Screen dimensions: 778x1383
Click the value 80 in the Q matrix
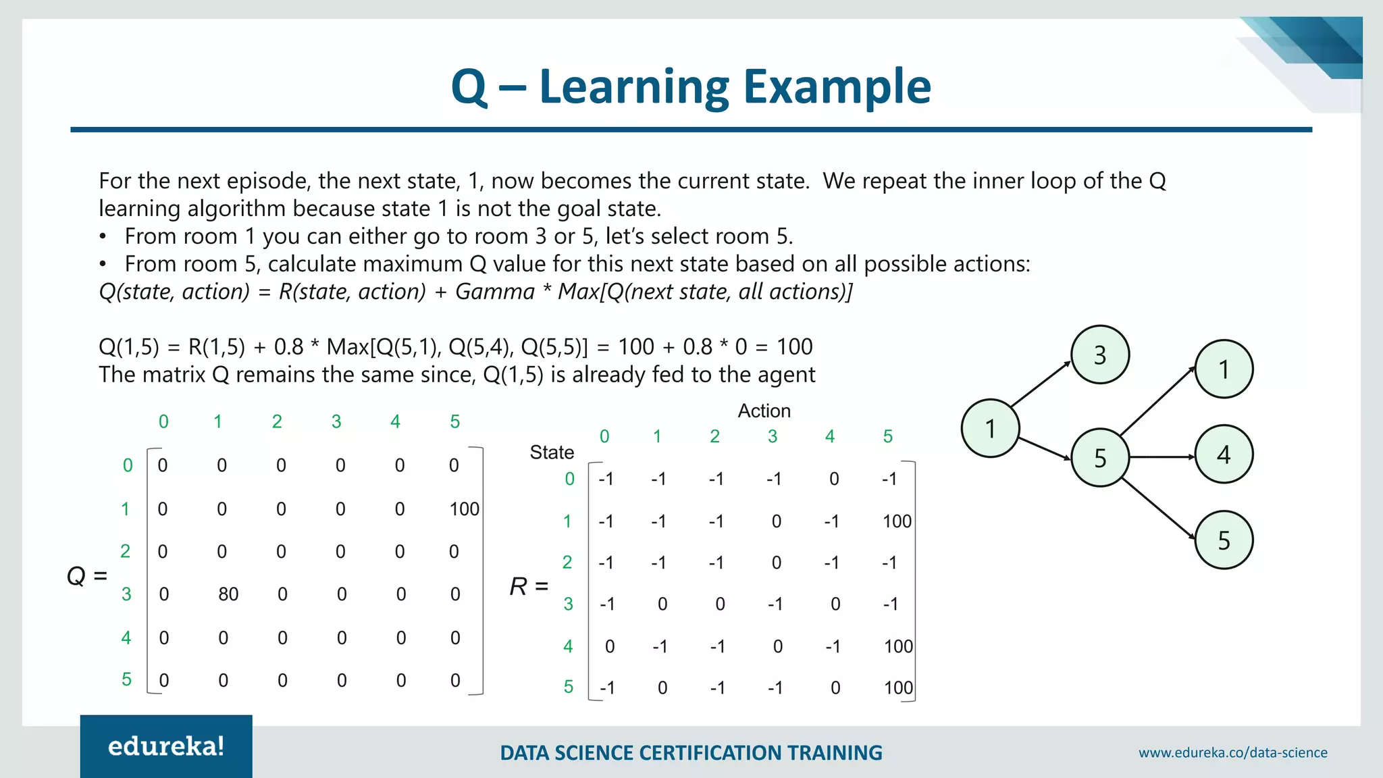(228, 594)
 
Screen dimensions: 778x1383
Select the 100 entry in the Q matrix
(465, 509)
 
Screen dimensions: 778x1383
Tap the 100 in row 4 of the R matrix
(898, 646)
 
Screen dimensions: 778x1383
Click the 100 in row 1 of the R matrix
(897, 521)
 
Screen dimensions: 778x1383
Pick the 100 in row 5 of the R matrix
(898, 688)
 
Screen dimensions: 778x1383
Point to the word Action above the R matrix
(764, 411)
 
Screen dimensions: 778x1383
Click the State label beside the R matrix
(552, 452)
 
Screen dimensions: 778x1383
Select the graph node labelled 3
(1100, 355)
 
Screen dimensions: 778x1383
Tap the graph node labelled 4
(1224, 455)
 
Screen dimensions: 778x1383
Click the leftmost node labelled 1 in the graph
(990, 428)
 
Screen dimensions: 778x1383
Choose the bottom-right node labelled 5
(1224, 540)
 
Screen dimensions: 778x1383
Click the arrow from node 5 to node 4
(1162, 457)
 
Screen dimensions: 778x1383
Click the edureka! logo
(166, 746)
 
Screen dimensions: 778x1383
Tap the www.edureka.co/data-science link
(1232, 752)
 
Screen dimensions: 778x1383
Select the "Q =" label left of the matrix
(87, 576)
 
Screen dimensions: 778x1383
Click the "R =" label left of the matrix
(529, 586)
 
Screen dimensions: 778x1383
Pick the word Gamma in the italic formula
(495, 292)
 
